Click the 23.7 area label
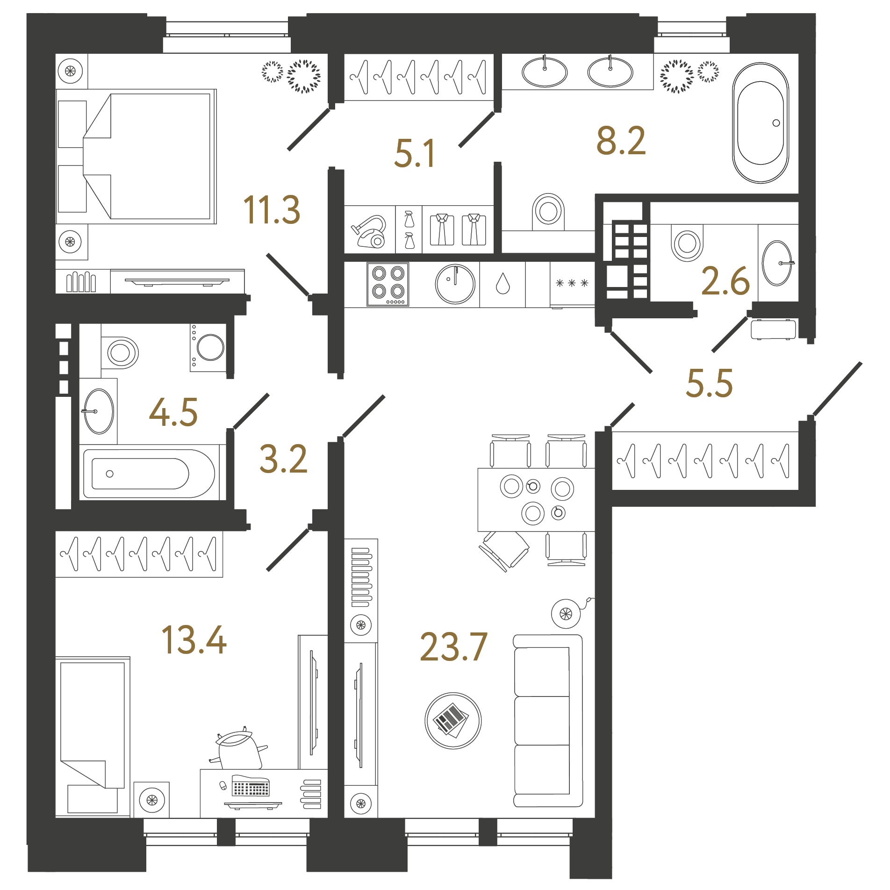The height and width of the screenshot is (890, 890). click(x=453, y=647)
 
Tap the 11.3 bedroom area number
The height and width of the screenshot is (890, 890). click(x=272, y=210)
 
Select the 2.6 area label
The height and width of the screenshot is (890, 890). click(x=725, y=281)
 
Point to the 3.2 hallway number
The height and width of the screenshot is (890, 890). click(x=283, y=459)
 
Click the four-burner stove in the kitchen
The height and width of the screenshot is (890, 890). click(x=388, y=284)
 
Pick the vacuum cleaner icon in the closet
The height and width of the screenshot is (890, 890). click(x=369, y=231)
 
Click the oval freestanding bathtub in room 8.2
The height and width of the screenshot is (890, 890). click(x=761, y=123)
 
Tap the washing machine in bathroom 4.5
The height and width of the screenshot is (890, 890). click(x=208, y=348)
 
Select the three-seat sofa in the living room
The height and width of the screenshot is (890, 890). click(x=548, y=720)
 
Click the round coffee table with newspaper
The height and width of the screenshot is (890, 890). click(x=452, y=720)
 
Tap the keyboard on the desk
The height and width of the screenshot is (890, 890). click(x=251, y=786)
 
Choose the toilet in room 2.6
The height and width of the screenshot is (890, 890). click(x=687, y=242)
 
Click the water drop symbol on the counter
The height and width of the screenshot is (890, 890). click(x=502, y=284)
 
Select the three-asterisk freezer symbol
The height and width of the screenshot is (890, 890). click(x=572, y=283)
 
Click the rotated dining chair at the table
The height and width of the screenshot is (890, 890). click(x=505, y=550)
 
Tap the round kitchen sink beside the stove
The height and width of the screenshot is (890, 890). click(x=455, y=284)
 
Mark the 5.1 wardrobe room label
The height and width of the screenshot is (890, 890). click(x=414, y=154)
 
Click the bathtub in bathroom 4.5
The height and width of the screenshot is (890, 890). click(x=149, y=474)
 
